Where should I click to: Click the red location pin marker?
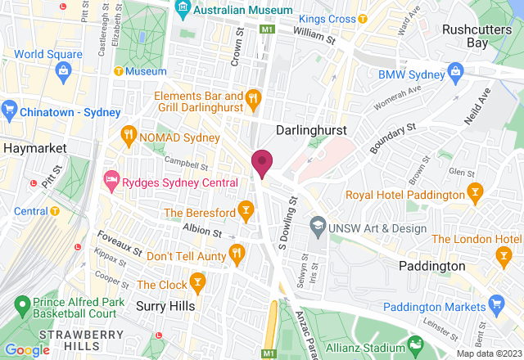[x=262, y=162]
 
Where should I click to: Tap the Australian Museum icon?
[x=183, y=11]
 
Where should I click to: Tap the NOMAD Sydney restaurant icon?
[x=128, y=135]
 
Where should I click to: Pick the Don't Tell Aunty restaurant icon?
[x=237, y=255]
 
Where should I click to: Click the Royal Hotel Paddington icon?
[x=474, y=194]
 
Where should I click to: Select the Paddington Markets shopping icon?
[x=495, y=305]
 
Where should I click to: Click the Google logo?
[x=27, y=349]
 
